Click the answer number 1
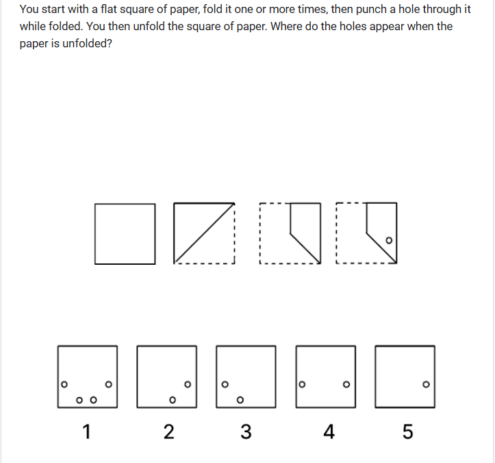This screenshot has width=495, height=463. (x=87, y=431)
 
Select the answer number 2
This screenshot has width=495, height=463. (x=169, y=431)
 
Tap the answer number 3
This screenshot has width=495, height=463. (x=246, y=431)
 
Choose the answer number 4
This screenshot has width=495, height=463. (x=329, y=431)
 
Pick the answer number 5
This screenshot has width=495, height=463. (x=407, y=431)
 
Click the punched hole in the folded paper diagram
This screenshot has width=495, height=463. (x=389, y=240)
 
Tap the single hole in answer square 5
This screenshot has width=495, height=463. (x=426, y=384)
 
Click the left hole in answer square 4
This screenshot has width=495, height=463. (x=302, y=384)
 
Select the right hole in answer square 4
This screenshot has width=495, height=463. (x=346, y=384)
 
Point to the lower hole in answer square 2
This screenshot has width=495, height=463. (x=173, y=400)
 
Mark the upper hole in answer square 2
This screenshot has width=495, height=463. (x=188, y=384)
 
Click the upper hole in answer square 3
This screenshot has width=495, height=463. (x=225, y=384)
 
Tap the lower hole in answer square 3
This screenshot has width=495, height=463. (x=240, y=400)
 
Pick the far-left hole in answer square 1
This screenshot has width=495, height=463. (x=64, y=384)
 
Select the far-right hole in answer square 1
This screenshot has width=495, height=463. (x=109, y=384)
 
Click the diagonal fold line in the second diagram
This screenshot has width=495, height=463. (x=204, y=233)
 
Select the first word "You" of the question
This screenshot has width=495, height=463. (x=29, y=9)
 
